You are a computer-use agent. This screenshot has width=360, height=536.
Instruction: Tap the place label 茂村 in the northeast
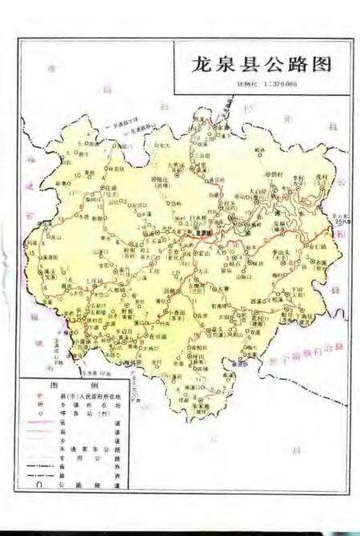pyautogui.click(x=322, y=178)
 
